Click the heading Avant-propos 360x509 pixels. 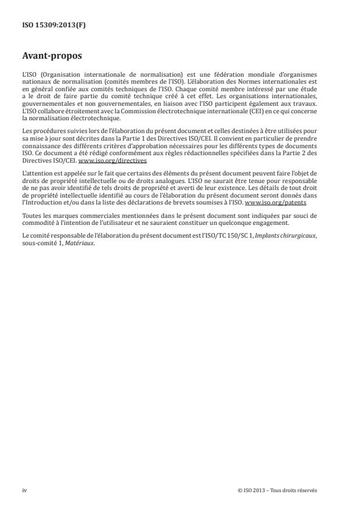coord(51,56)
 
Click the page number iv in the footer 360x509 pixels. coord(24,490)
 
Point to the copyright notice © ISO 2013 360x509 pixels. coord(278,490)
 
